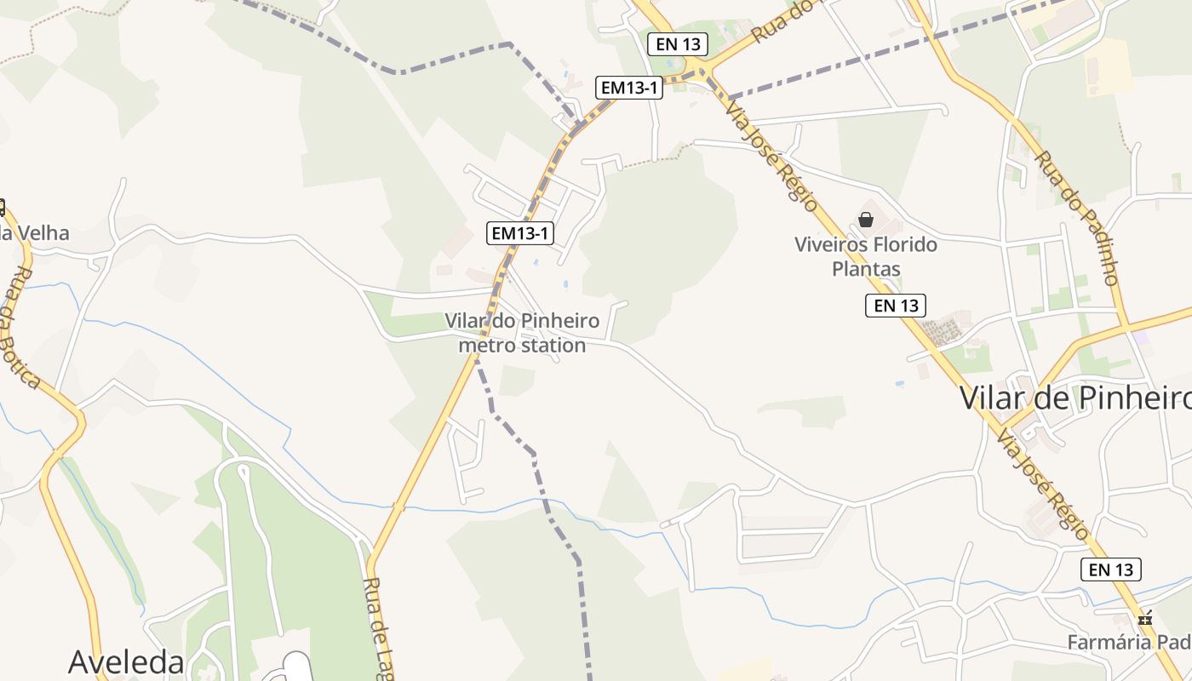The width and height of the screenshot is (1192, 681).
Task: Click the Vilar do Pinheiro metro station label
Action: tap(522, 333)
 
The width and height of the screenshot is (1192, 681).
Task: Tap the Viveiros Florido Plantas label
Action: tap(866, 256)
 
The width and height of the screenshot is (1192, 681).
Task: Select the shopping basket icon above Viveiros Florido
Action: tap(866, 220)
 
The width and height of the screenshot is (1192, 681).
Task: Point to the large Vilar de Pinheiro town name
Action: tap(1075, 398)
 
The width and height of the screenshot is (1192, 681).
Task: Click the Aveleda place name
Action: tap(126, 661)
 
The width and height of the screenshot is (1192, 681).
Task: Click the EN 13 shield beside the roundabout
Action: tap(678, 44)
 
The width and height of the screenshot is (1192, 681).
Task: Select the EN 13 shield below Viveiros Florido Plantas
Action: tap(896, 305)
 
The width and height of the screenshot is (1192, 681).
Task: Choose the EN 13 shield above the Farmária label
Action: tap(1111, 569)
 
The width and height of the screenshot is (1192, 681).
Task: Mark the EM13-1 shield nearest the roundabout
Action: tap(629, 87)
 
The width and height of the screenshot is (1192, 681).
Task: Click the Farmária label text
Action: tap(1129, 642)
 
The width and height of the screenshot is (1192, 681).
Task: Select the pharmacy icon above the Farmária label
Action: tap(1145, 619)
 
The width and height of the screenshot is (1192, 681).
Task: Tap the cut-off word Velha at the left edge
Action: tap(34, 232)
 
